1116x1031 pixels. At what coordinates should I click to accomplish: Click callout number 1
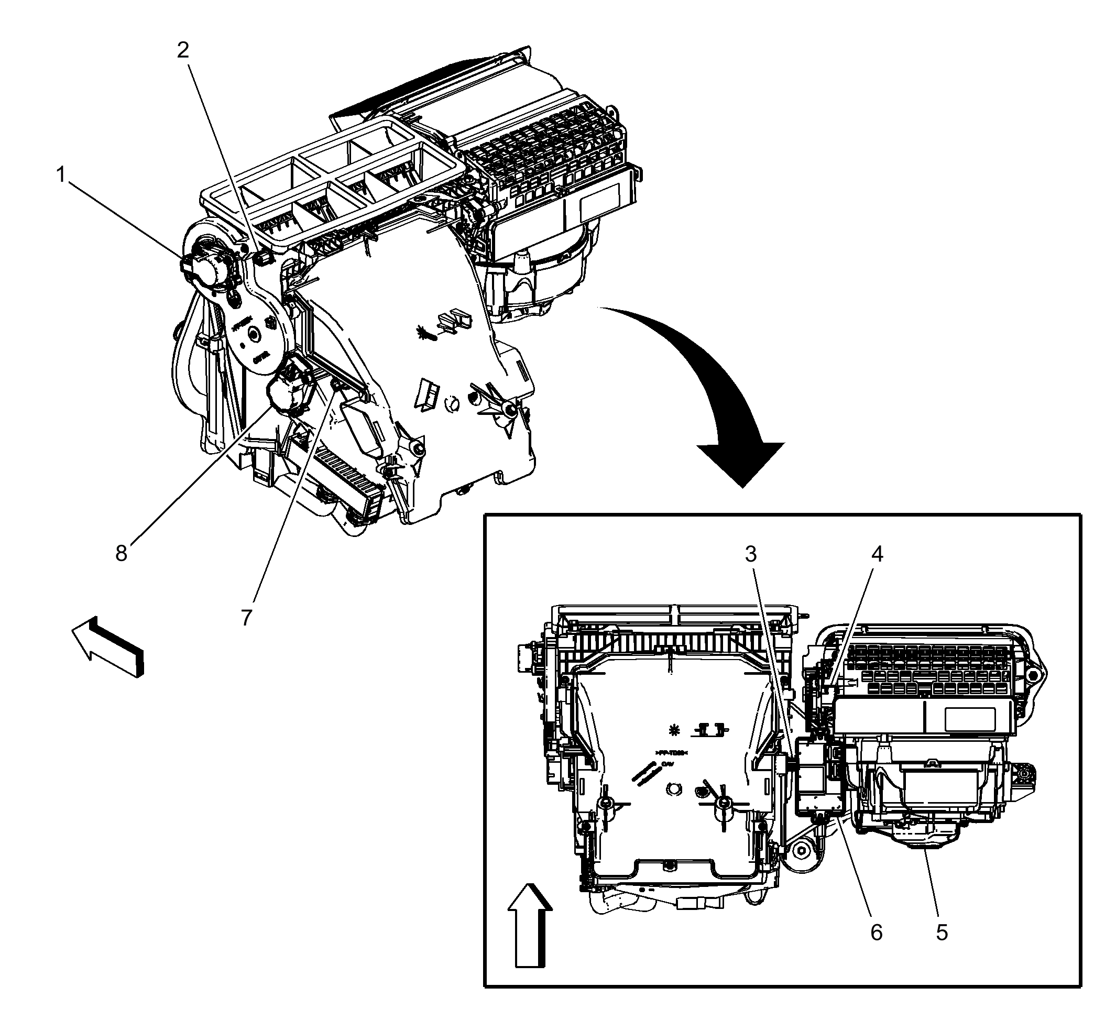click(x=61, y=175)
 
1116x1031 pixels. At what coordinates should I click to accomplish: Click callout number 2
click(x=183, y=51)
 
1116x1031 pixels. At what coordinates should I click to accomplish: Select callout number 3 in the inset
click(x=750, y=554)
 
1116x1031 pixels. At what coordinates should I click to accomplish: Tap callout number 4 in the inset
click(x=877, y=554)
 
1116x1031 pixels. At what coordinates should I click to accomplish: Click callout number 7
click(x=247, y=617)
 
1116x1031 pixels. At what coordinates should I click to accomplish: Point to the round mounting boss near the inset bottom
click(x=801, y=851)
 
